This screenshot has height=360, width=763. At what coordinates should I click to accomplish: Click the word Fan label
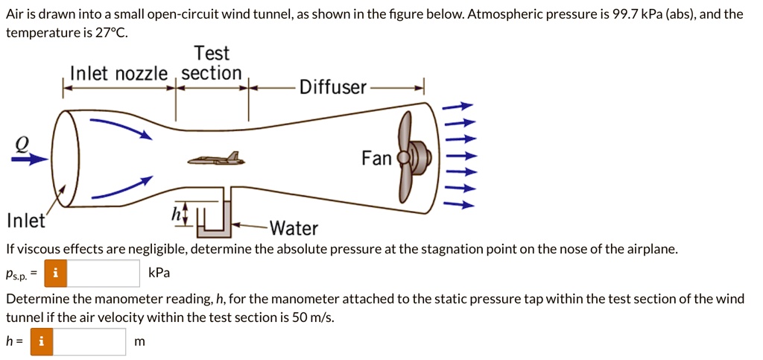pos(376,158)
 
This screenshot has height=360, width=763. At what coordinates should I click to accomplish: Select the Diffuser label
pos(333,88)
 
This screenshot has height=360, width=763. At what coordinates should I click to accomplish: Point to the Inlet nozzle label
pos(119,73)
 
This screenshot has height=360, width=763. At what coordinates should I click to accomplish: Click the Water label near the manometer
pos(294,228)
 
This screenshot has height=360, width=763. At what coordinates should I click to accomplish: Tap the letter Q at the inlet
pos(25,145)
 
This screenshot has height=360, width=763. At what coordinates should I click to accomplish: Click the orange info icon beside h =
pos(42,342)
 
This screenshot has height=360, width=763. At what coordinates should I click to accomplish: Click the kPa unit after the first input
pos(159,273)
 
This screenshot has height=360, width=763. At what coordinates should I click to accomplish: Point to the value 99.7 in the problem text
pos(624,14)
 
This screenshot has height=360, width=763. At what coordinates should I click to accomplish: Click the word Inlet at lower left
pos(25,221)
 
